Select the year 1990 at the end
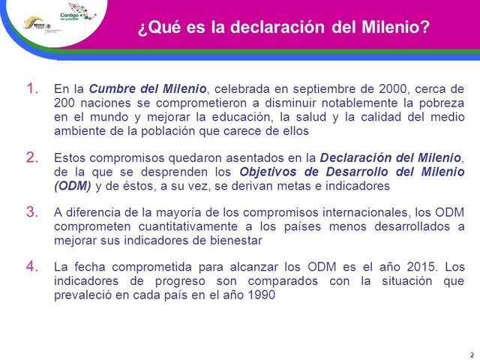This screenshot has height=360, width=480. (261, 295)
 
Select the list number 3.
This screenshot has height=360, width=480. (32, 212)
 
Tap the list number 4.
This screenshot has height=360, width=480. (32, 267)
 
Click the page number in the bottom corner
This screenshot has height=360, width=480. (471, 355)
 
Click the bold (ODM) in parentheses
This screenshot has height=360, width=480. (72, 185)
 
